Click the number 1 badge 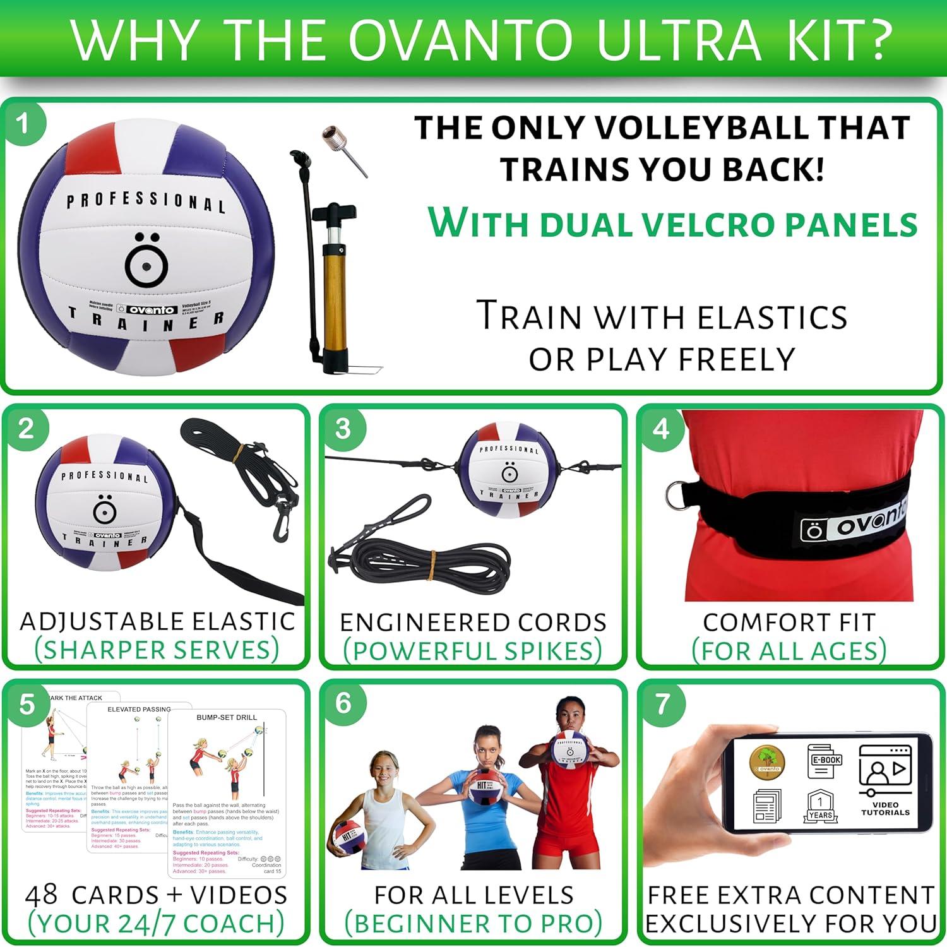click(24, 123)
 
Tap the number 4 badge click(660, 429)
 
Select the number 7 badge click(662, 703)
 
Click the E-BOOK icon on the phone click(826, 761)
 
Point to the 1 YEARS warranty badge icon click(821, 807)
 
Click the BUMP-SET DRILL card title click(227, 718)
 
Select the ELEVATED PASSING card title click(139, 710)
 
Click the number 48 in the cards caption click(42, 895)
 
